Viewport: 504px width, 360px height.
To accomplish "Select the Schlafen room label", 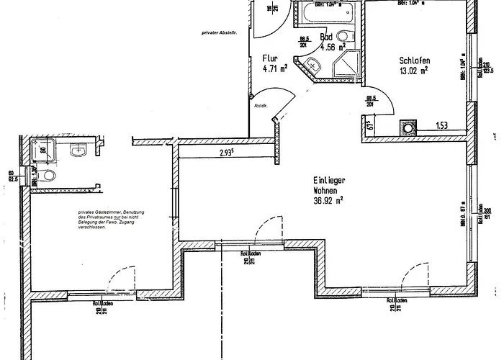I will pos(415,60).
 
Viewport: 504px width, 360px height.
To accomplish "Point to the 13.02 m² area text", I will pos(415,71).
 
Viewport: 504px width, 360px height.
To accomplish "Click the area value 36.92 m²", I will pos(328,202).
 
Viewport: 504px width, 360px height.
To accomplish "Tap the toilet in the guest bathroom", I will pos(49,176).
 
